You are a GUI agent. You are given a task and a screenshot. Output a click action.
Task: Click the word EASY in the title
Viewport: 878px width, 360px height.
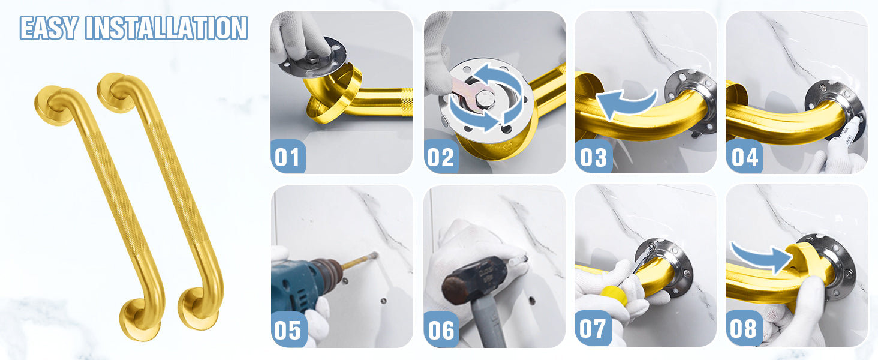pos(49,28)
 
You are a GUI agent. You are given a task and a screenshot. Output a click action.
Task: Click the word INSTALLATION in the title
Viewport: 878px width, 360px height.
pos(166,28)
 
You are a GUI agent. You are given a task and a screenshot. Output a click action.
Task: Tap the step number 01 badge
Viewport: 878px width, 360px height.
pos(288,157)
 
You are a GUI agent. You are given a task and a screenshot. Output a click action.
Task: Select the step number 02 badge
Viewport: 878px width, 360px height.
pos(441,157)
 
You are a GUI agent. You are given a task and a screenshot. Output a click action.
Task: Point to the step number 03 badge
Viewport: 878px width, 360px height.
pos(593,157)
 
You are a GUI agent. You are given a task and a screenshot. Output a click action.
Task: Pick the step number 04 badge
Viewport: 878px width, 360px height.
pos(744,157)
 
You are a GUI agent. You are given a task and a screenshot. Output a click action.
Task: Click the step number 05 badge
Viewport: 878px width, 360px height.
pos(288,329)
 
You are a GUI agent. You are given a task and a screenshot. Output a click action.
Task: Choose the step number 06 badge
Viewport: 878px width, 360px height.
pos(441,329)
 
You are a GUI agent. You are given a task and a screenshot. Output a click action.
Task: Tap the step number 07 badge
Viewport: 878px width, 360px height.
pos(593,328)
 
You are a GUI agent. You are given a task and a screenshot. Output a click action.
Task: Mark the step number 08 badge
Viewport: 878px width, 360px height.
pos(744,328)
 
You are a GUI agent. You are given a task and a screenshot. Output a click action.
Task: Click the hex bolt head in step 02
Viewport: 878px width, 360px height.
pos(485,98)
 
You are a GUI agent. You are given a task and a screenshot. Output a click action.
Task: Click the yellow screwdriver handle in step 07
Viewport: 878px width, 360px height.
pos(613,295)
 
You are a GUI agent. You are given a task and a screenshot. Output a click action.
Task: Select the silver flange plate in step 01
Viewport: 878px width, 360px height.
pos(314,58)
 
